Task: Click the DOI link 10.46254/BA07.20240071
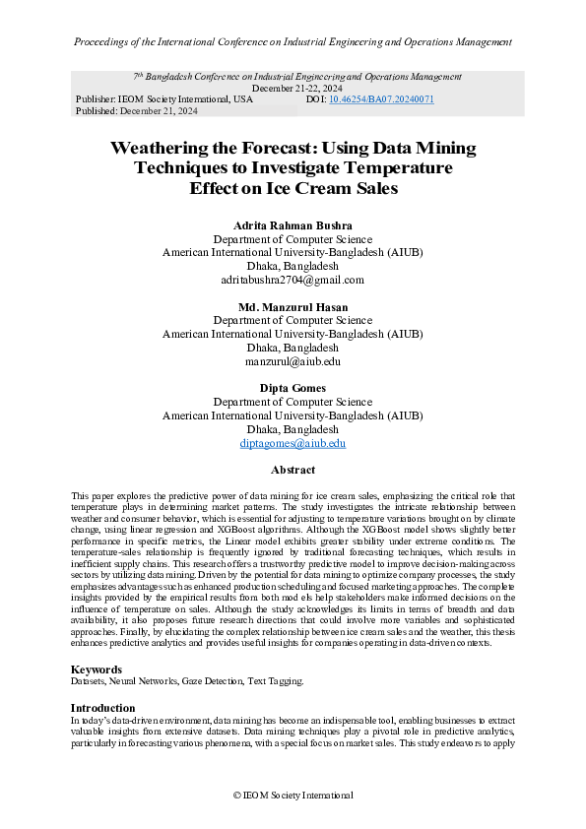382,99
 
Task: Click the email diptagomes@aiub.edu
293,444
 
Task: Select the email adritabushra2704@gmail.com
293,280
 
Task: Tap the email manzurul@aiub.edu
293,361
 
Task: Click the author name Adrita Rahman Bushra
293,225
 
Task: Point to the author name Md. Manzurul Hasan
293,307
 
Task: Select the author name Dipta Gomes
293,389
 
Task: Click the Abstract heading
293,471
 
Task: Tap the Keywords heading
98,670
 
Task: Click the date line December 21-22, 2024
293,88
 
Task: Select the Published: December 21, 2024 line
136,111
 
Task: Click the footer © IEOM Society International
293,795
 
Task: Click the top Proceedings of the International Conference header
293,42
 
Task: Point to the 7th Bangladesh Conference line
296,76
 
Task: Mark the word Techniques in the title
182,167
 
